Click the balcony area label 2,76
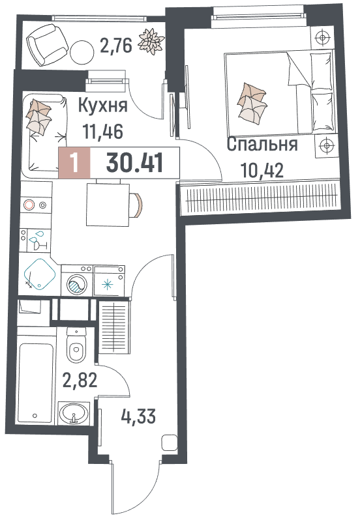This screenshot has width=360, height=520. [116, 45]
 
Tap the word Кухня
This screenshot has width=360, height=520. [103, 106]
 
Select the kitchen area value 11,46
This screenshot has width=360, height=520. [103, 131]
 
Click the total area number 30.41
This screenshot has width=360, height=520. [134, 163]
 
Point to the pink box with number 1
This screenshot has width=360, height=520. [74, 163]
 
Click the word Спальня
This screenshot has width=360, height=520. [262, 144]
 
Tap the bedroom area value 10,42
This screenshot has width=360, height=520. [262, 171]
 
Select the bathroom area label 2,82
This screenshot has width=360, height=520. [80, 380]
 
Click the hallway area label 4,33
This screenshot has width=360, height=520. [138, 416]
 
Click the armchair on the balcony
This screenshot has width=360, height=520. [48, 44]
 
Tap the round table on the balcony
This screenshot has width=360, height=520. [82, 52]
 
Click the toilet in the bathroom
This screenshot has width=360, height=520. [76, 345]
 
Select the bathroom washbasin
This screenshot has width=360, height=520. [74, 413]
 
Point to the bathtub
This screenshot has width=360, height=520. [35, 383]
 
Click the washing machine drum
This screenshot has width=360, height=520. [77, 285]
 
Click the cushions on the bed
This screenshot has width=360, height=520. [252, 103]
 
